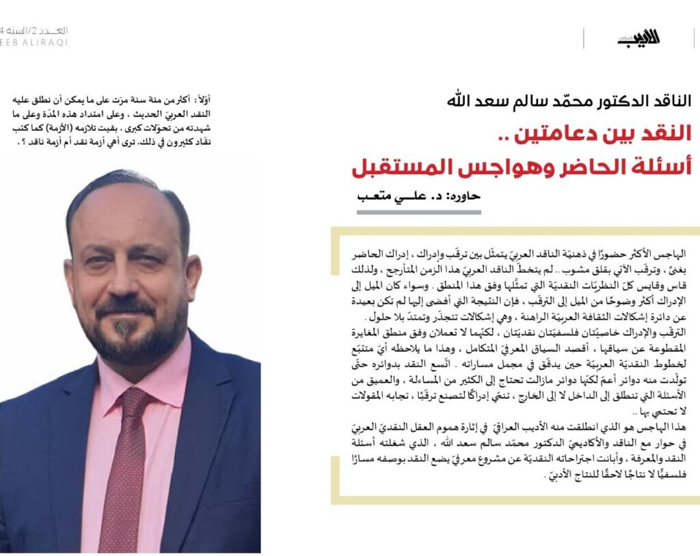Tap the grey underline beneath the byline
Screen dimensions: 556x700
point(418,212)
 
